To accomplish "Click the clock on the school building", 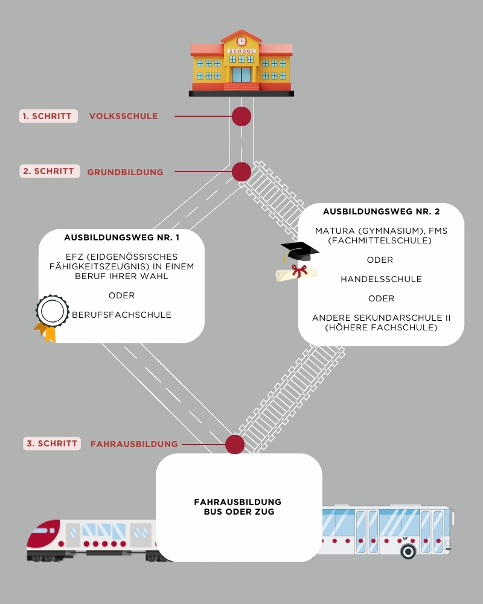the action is (x=241, y=41).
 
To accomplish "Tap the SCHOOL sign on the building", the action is (x=241, y=51).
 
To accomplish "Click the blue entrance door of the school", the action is (x=241, y=75).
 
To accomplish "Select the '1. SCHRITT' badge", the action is (x=48, y=116).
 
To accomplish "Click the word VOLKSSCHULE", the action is (x=124, y=116).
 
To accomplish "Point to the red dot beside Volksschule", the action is (x=241, y=117).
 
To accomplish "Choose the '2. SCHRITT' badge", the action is (x=50, y=171).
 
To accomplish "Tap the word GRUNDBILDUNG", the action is (x=125, y=172).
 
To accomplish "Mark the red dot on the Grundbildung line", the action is (x=241, y=172).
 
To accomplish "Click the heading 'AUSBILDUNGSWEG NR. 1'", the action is (x=122, y=237).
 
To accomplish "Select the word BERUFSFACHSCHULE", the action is (x=122, y=315).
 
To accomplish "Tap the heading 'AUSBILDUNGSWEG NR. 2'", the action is (x=382, y=211).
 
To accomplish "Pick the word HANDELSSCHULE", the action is (x=382, y=279).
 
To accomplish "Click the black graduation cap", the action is (x=299, y=251).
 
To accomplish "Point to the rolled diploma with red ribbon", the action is (x=296, y=273).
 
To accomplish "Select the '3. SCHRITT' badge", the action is (x=52, y=443).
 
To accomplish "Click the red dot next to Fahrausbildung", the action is (x=235, y=445).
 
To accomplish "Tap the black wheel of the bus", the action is (x=408, y=551).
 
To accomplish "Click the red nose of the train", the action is (x=43, y=533).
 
